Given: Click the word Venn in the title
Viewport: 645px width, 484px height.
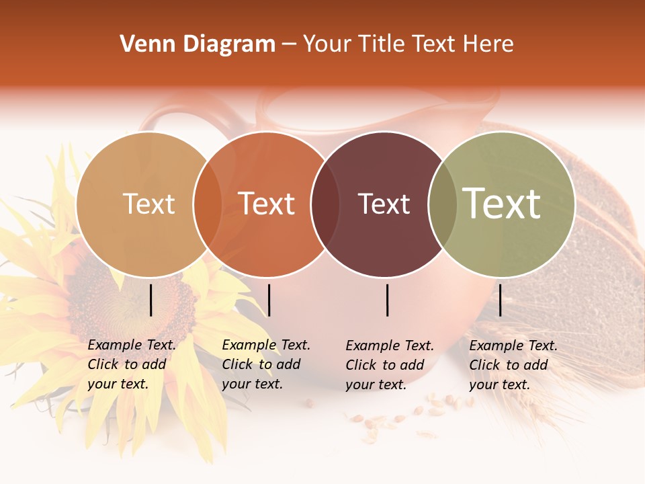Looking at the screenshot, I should tap(141, 44).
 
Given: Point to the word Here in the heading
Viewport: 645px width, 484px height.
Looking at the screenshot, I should tap(490, 44).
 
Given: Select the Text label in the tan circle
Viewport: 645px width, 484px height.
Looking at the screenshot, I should tap(148, 204).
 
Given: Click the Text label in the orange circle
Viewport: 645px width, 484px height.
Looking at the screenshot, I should tap(266, 204).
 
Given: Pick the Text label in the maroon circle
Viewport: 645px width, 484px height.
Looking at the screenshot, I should tap(384, 204).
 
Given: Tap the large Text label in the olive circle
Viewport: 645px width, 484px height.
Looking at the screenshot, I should tap(502, 204).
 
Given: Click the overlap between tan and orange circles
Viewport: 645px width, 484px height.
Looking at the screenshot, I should tap(207, 204).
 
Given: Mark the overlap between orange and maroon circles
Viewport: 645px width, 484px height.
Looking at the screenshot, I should tap(325, 204).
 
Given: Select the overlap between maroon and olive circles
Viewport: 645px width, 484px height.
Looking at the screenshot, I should tap(442, 204).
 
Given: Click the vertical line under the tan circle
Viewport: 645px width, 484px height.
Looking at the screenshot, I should tap(151, 300).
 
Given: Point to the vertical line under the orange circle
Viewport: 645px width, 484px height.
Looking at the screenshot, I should tap(269, 300).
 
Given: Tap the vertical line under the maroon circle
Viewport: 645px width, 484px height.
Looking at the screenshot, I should tap(388, 300).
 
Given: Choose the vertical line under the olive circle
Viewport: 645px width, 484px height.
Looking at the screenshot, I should tap(500, 300).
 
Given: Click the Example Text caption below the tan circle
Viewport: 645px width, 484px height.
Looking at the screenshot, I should tap(131, 364).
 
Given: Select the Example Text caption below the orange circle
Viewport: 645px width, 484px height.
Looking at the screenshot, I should tap(265, 364).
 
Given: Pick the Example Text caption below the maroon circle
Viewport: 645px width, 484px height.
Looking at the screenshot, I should tap(389, 365).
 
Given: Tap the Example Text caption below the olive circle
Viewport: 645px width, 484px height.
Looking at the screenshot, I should tap(513, 365).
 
